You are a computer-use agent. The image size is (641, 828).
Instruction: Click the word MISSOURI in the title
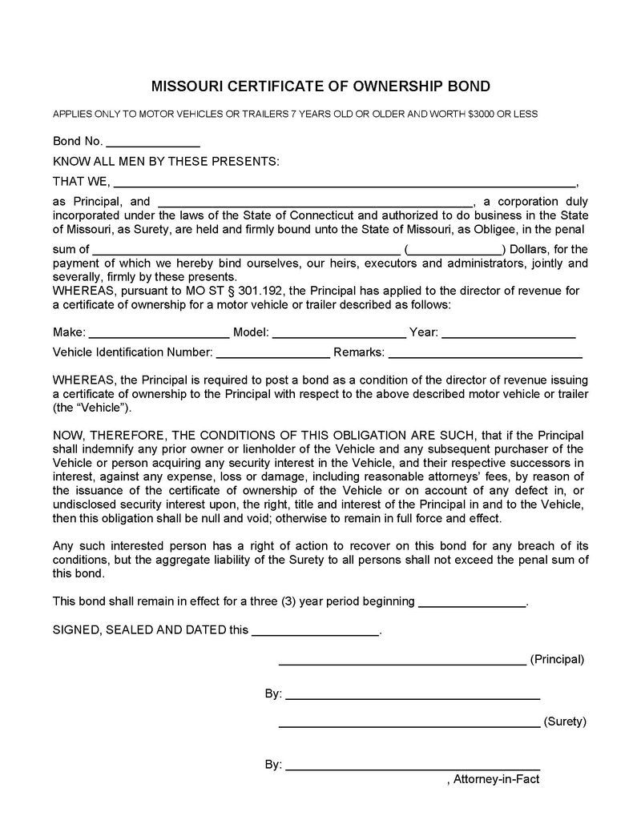(186, 86)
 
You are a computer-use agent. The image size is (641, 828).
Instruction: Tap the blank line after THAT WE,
(345, 181)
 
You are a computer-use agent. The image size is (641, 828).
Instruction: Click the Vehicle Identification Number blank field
(272, 352)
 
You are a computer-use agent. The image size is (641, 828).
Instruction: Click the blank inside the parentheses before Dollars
(455, 249)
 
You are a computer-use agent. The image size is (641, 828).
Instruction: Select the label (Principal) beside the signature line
(558, 660)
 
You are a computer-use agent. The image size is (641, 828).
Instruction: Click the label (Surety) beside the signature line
(565, 721)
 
